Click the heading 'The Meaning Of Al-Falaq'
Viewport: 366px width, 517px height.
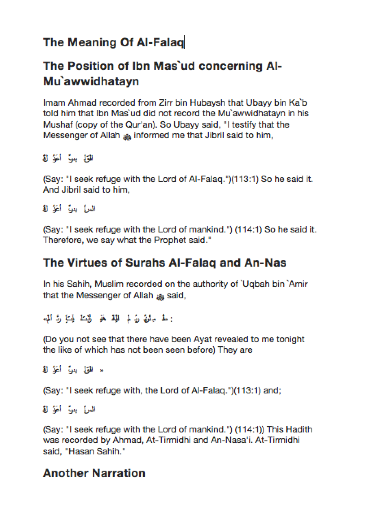[x=113, y=42]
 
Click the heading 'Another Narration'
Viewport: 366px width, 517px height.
[x=94, y=473]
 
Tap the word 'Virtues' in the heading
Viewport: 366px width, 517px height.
[x=85, y=263]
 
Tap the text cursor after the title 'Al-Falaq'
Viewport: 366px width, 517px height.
[x=184, y=42]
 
